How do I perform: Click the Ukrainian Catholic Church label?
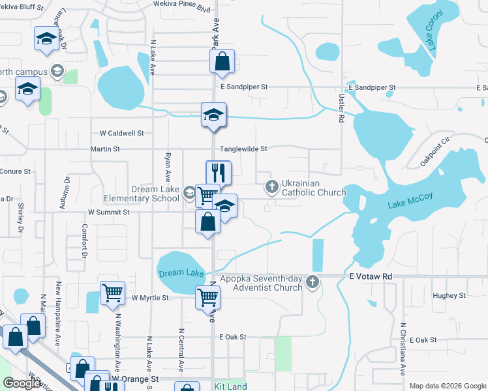[313, 188]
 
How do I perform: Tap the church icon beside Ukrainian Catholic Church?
[272, 188]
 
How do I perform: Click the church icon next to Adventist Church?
[313, 282]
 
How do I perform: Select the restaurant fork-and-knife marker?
[218, 173]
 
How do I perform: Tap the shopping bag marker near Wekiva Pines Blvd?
[222, 62]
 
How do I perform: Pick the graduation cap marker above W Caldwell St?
[213, 115]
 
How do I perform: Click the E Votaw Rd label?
[371, 276]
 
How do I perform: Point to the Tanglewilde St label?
[243, 149]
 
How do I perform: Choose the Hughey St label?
[449, 295]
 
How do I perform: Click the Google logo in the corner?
[22, 383]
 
